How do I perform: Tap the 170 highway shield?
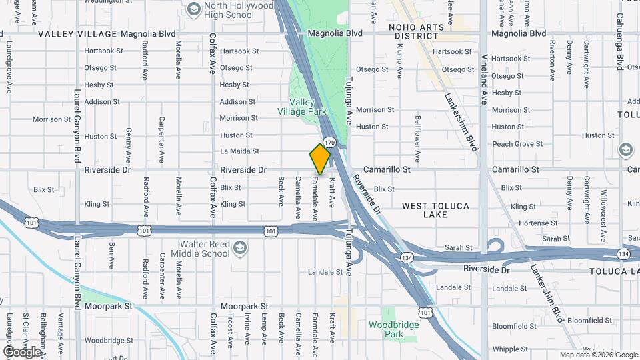[x=329, y=143]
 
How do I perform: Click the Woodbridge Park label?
[x=395, y=329]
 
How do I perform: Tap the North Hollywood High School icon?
[x=194, y=9]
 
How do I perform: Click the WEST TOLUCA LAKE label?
[x=435, y=210]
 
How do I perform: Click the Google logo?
[x=23, y=351]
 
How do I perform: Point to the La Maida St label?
[x=239, y=151]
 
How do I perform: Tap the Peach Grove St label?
[x=517, y=144]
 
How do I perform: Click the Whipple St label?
[x=510, y=349]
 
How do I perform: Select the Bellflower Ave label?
[x=417, y=138]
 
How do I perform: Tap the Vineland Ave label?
[x=484, y=87]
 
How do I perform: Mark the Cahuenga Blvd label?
[x=619, y=50]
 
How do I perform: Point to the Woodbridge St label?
[x=109, y=340]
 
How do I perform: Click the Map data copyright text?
[x=599, y=355]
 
